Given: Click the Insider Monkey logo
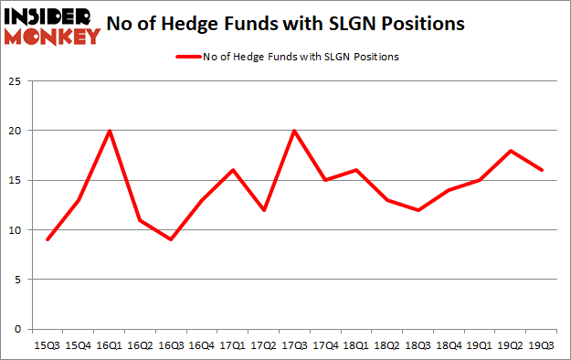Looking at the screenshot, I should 51,26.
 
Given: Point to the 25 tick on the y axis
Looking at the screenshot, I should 16,81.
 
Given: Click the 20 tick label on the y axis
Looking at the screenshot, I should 16,131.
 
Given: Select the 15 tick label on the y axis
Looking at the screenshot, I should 16,180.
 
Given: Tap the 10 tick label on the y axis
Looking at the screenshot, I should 16,230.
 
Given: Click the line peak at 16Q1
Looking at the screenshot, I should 110,131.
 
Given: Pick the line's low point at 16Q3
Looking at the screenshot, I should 172,239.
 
